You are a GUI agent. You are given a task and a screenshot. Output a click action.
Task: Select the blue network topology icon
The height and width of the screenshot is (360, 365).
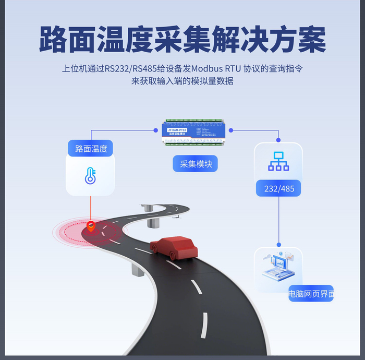coord(278,161)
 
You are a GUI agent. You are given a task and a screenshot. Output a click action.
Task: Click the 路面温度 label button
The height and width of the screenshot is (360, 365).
coord(91,149)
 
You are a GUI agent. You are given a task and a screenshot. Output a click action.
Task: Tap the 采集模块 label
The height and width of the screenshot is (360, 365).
coord(196,164)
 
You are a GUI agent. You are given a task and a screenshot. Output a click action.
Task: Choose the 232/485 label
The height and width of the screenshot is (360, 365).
coord(279,188)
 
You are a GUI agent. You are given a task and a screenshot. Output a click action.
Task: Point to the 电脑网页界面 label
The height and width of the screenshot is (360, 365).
coord(311,294)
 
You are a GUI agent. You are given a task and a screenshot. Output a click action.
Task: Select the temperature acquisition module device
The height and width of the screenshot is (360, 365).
coord(196,133)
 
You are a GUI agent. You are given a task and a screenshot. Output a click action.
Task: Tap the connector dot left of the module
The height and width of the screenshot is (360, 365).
coord(156,130)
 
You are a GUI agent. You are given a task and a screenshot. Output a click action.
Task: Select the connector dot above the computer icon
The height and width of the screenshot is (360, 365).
coord(279,244)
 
